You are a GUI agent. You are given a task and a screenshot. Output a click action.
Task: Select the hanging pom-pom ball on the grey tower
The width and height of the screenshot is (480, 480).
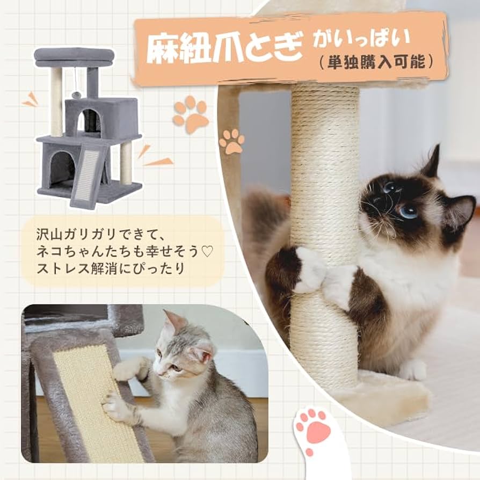click(77, 94)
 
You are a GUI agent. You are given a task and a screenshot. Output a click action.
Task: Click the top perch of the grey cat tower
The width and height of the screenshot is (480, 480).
click(75, 56)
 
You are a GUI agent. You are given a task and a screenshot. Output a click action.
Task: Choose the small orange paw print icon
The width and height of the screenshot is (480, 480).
click(231, 141)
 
